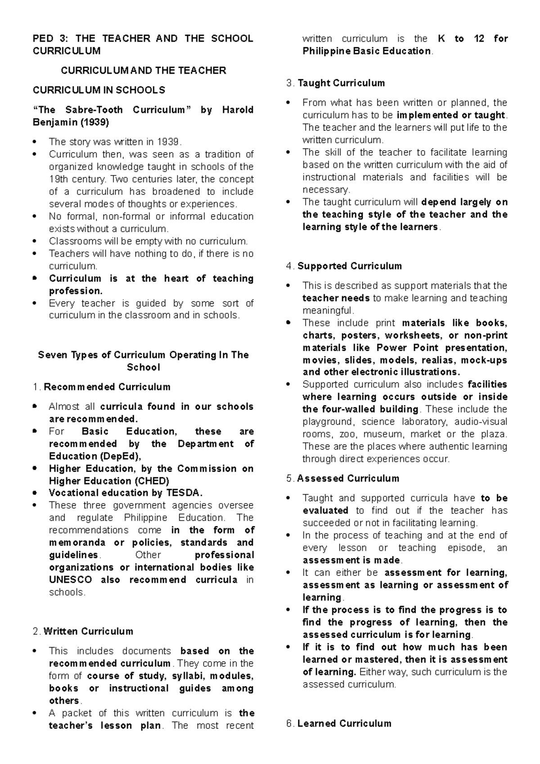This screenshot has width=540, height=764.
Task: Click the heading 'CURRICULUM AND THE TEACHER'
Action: tap(143, 71)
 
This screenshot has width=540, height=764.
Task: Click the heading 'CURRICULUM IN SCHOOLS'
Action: tap(99, 90)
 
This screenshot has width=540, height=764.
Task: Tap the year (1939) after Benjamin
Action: tap(94, 122)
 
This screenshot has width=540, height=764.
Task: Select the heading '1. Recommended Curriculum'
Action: tap(102, 387)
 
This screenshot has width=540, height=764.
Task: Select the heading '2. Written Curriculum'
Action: tap(83, 631)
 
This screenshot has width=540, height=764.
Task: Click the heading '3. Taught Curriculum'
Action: tap(335, 83)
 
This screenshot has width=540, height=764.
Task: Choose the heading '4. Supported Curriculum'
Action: tap(344, 266)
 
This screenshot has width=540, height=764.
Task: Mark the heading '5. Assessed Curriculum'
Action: tap(342, 478)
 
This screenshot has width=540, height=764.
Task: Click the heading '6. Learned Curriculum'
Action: tap(338, 724)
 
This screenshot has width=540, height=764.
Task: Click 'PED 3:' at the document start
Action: tap(48, 39)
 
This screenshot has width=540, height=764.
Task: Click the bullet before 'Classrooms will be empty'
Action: tap(35, 242)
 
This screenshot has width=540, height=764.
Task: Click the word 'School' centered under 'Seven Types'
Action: tap(143, 368)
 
